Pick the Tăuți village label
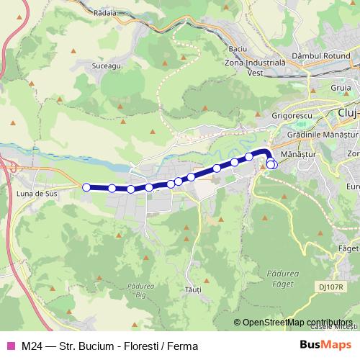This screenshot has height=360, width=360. (x=192, y=289)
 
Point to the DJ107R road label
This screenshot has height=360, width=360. (x=329, y=287)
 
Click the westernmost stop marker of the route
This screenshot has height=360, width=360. (x=86, y=187)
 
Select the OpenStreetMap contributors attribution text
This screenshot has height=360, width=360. (x=295, y=323)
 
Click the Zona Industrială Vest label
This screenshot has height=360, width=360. (x=256, y=68)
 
